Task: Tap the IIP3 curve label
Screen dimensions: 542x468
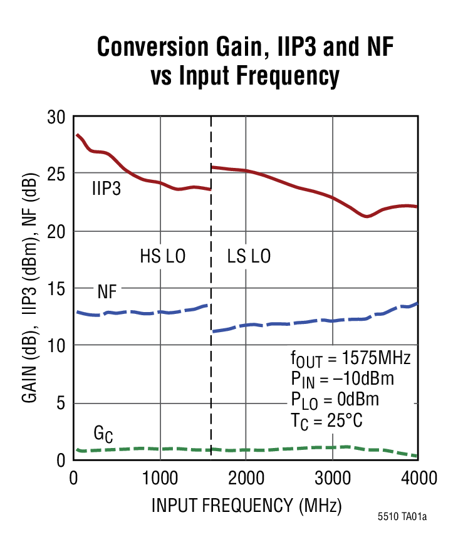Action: (x=107, y=187)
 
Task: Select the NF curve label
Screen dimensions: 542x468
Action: (x=107, y=291)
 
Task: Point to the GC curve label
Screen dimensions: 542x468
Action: (x=103, y=434)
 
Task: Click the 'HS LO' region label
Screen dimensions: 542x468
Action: (x=162, y=256)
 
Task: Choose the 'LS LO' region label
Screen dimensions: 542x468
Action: (x=249, y=256)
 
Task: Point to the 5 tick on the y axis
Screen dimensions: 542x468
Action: (x=61, y=403)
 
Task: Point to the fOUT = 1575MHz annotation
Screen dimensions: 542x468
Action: (x=350, y=360)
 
